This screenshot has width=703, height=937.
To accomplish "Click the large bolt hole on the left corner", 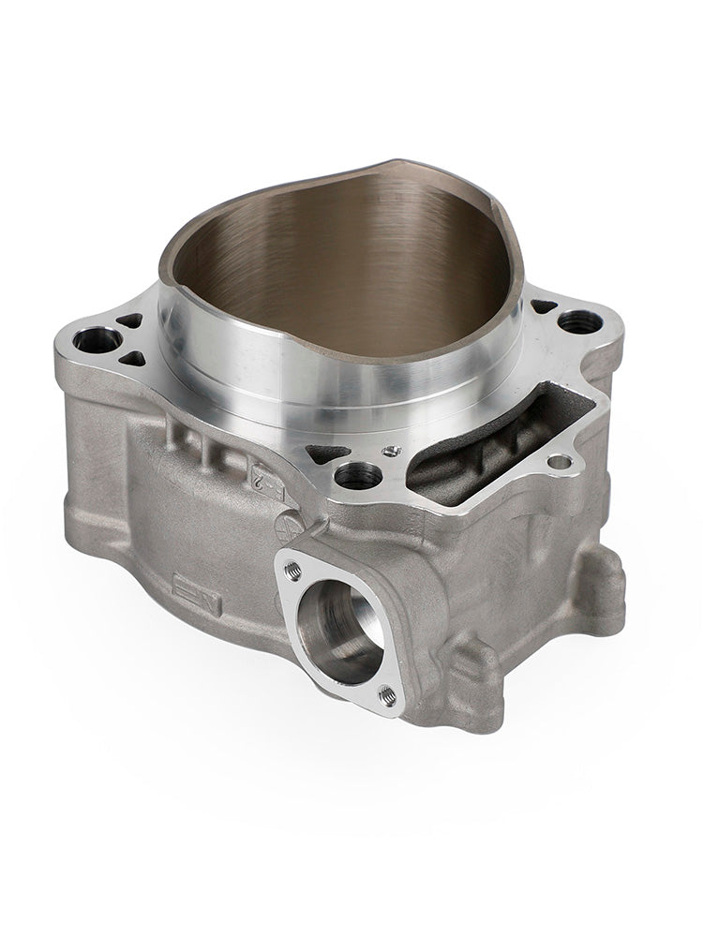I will (97, 340).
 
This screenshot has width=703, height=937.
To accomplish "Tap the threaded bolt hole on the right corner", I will (580, 322).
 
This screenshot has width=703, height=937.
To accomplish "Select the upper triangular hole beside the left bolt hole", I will (130, 321).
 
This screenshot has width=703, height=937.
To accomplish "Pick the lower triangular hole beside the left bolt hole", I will (132, 358).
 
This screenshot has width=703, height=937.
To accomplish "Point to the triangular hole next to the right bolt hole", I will (544, 305).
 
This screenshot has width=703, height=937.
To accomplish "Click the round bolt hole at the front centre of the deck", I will (358, 476).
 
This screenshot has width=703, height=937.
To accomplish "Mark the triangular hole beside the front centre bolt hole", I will (327, 454).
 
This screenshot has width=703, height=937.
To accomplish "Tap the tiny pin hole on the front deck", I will (392, 451).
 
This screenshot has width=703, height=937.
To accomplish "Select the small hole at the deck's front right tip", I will (560, 461).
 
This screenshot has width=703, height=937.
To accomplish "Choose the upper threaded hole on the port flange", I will (292, 568).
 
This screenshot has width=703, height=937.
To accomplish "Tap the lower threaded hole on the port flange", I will (386, 694).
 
